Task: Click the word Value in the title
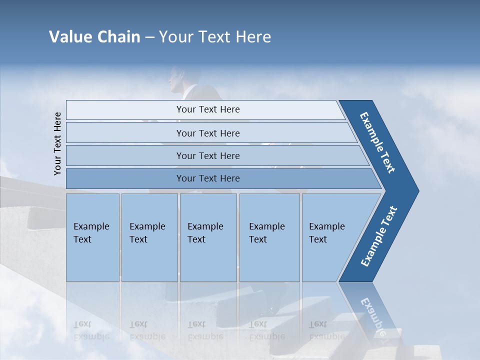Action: [69, 37]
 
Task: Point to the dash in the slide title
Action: [149, 37]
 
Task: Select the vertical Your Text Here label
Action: [57, 143]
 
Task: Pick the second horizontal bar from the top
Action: [208, 133]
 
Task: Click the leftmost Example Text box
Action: [92, 237]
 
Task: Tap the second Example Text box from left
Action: [149, 237]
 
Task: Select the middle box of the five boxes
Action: [208, 237]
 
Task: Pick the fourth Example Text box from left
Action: [269, 237]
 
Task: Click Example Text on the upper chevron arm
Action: [378, 142]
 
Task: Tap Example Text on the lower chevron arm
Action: [378, 236]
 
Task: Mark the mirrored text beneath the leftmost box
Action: [91, 330]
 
